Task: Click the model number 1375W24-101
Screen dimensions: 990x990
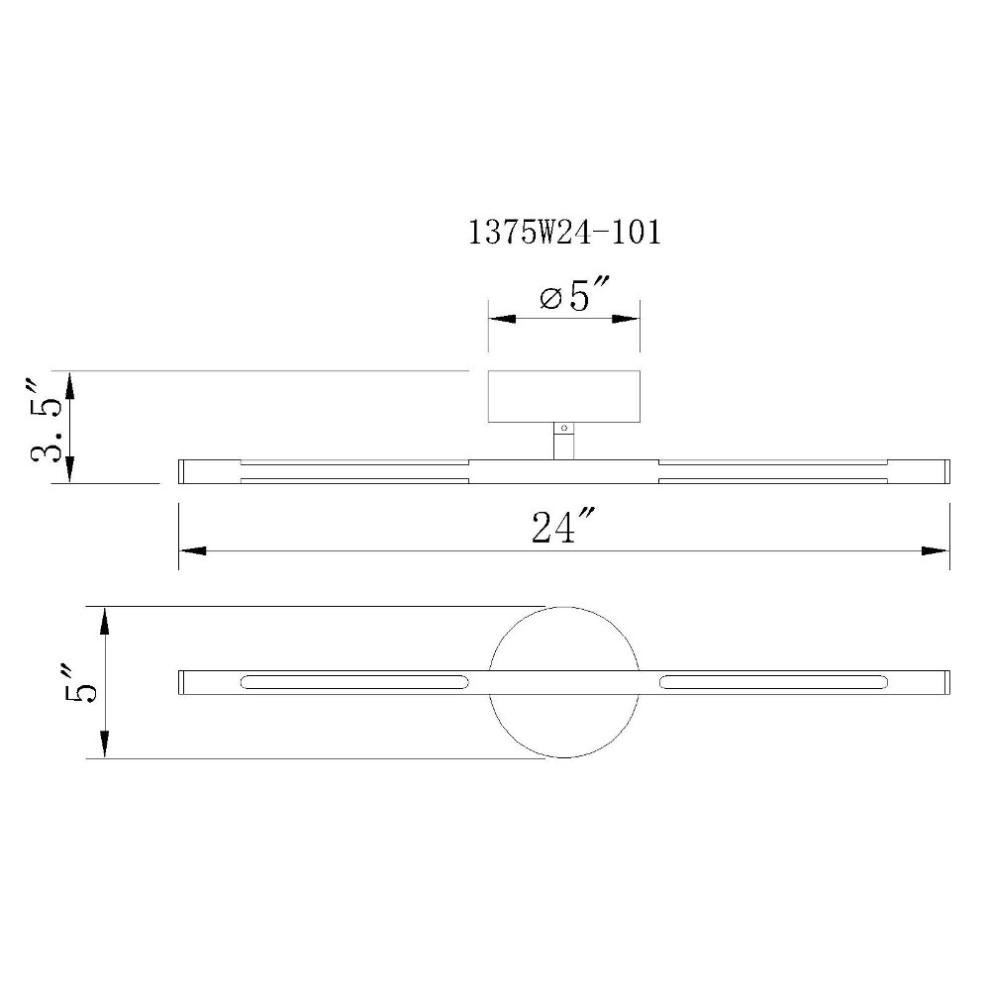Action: pyautogui.click(x=564, y=233)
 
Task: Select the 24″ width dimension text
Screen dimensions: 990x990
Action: pyautogui.click(x=562, y=527)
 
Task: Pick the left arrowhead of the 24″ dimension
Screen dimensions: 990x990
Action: pyautogui.click(x=193, y=551)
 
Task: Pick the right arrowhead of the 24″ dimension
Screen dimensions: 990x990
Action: pyautogui.click(x=936, y=551)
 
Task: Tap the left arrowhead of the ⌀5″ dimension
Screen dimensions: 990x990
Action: pyautogui.click(x=502, y=319)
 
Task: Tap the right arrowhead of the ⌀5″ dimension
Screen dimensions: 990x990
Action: pyautogui.click(x=626, y=319)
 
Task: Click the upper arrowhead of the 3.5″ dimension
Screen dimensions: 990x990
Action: pyautogui.click(x=69, y=384)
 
